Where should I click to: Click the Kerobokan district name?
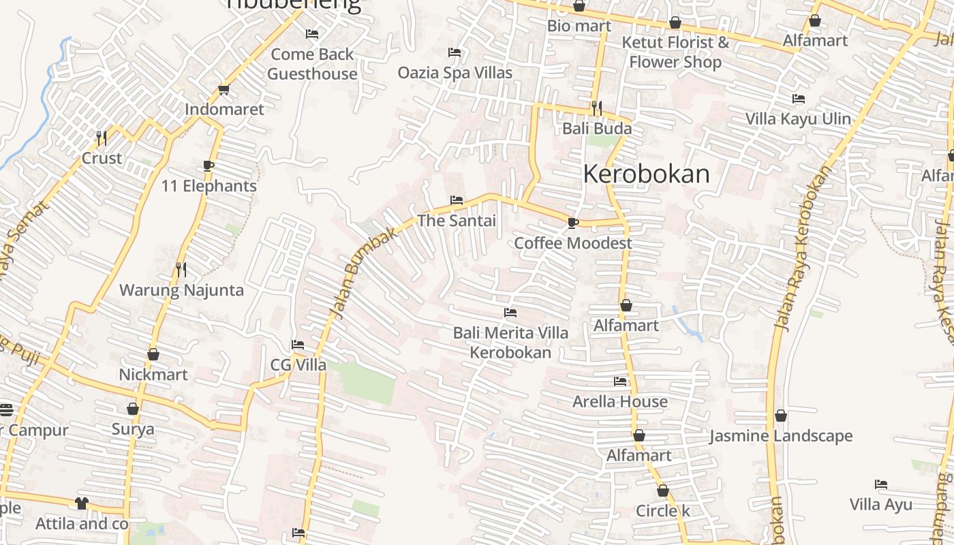[646, 174]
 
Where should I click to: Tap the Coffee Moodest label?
[573, 243]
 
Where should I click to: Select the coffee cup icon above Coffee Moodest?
[573, 223]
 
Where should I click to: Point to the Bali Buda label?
[597, 128]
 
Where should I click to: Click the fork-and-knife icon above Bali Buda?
[597, 107]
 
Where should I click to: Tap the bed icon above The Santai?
[457, 200]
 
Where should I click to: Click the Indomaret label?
[224, 109]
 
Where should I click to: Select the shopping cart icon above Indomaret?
[224, 89]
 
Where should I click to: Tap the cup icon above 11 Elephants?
[209, 166]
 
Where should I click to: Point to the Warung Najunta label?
[181, 290]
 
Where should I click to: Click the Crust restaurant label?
[102, 158]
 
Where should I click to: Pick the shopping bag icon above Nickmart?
[153, 354]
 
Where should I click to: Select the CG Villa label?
[298, 365]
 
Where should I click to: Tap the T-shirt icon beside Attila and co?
[82, 503]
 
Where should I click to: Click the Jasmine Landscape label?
[781, 436]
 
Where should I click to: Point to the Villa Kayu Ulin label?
[798, 119]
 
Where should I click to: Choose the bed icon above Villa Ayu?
[881, 485]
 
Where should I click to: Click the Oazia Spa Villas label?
[455, 72]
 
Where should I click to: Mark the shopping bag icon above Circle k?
[663, 490]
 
